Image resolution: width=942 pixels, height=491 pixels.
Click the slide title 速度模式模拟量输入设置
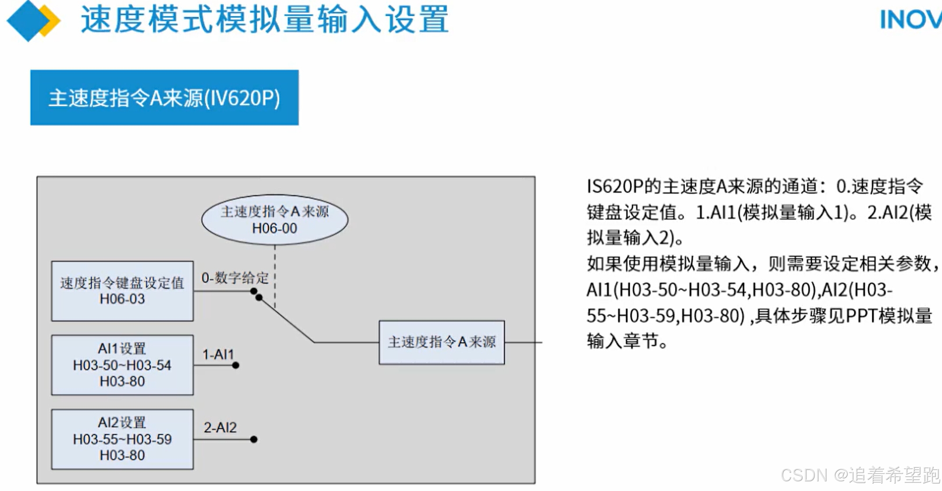click(264, 20)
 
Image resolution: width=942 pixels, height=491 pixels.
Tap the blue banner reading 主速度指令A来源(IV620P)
click(164, 97)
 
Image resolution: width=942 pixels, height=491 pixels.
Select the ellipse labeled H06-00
click(275, 220)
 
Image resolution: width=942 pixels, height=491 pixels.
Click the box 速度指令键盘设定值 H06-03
click(122, 291)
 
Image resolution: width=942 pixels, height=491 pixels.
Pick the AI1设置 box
click(122, 365)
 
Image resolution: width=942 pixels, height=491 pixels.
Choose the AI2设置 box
click(122, 439)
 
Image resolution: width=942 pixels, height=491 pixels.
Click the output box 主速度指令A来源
click(442, 342)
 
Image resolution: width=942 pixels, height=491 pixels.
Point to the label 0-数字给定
click(235, 278)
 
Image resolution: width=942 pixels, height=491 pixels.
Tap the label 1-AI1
click(218, 354)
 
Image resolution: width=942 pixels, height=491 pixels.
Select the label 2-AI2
click(220, 427)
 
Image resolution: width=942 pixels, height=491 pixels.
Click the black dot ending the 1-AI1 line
click(236, 365)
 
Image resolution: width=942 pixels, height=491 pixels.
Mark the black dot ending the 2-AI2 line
click(253, 439)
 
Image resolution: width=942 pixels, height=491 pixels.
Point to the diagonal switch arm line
click(287, 321)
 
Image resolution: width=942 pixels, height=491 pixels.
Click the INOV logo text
click(910, 20)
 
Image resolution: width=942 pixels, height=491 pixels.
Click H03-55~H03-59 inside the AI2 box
click(122, 439)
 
